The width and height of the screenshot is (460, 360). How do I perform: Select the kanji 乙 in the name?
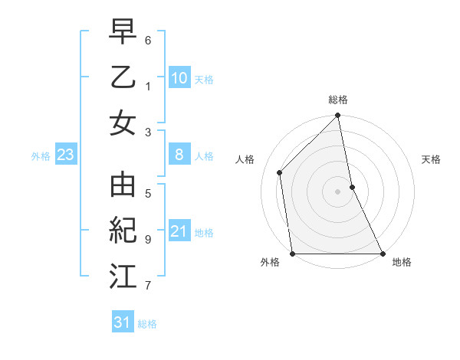point(123,78)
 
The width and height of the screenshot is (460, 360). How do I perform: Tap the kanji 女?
point(123,123)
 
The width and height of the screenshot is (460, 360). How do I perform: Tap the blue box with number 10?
point(179,78)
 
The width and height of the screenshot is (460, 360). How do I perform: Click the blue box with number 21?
point(179,231)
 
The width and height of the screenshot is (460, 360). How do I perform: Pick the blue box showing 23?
point(66,155)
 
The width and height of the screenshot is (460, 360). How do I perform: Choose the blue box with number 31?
point(123,322)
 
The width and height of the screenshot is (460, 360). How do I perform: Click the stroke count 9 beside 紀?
point(148,239)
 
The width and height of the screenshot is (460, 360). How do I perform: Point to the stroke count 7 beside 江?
point(148,286)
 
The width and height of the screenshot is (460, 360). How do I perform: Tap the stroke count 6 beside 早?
point(148,38)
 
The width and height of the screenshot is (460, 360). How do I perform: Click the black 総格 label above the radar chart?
point(338,100)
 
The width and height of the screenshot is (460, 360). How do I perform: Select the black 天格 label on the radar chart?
point(432,159)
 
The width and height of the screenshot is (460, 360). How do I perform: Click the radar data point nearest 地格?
point(382,254)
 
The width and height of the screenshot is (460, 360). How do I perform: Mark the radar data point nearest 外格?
point(293,254)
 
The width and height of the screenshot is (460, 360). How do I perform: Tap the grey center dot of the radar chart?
point(338,191)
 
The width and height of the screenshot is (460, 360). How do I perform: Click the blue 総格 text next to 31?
point(147,324)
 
